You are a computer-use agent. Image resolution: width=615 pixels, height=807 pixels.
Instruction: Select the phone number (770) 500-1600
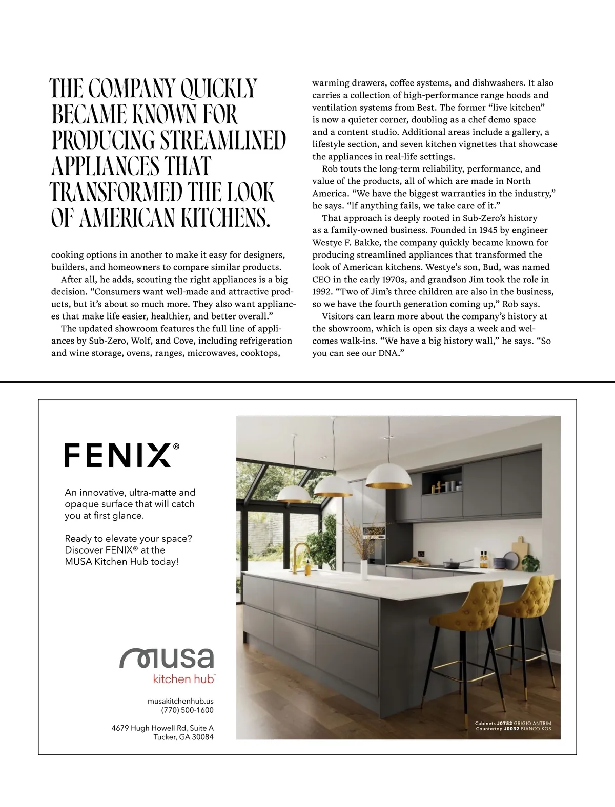click(x=187, y=710)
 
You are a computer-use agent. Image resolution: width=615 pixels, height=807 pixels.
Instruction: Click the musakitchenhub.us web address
click(x=180, y=700)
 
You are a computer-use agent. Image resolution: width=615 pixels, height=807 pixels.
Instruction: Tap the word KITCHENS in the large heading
click(x=226, y=218)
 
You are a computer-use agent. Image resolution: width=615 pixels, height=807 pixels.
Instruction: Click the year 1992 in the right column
click(x=323, y=292)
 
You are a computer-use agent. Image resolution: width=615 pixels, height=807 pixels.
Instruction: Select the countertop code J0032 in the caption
click(x=511, y=729)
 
